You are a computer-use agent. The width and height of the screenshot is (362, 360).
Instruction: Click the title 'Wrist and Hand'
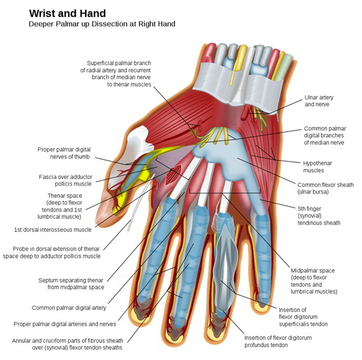coord(67,13)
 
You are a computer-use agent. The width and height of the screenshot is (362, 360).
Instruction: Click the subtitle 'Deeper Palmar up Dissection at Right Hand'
coord(102,24)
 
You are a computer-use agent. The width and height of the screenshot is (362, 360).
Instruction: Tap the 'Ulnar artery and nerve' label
coord(319,101)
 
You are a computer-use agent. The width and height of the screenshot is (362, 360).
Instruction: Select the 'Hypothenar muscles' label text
coord(318,167)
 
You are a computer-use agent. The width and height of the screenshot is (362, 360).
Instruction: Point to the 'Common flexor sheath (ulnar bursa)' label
coord(325,188)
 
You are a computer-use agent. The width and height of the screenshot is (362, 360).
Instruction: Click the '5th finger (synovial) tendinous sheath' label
coord(319,216)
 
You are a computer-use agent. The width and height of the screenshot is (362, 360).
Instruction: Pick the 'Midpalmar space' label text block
coord(314,281)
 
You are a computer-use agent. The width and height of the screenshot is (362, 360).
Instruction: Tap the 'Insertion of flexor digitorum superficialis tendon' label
coord(303,317)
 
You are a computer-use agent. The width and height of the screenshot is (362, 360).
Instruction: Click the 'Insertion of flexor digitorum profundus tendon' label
coord(278,341)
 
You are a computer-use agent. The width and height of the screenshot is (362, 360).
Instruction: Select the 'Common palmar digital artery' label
coord(69,308)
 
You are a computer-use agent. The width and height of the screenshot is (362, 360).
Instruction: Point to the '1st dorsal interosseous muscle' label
coord(53,230)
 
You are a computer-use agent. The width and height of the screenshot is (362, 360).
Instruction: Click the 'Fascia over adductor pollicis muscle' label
coord(66,180)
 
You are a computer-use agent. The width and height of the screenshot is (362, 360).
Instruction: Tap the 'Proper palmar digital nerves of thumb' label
coord(64,153)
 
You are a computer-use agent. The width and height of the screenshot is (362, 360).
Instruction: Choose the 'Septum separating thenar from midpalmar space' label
coord(71,284)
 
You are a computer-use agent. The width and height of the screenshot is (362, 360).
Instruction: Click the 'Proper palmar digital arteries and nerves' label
coord(65,324)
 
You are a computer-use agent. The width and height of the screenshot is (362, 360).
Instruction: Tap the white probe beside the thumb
coord(140,203)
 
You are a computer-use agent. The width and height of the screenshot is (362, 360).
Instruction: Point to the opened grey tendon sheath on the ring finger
coord(225,266)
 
